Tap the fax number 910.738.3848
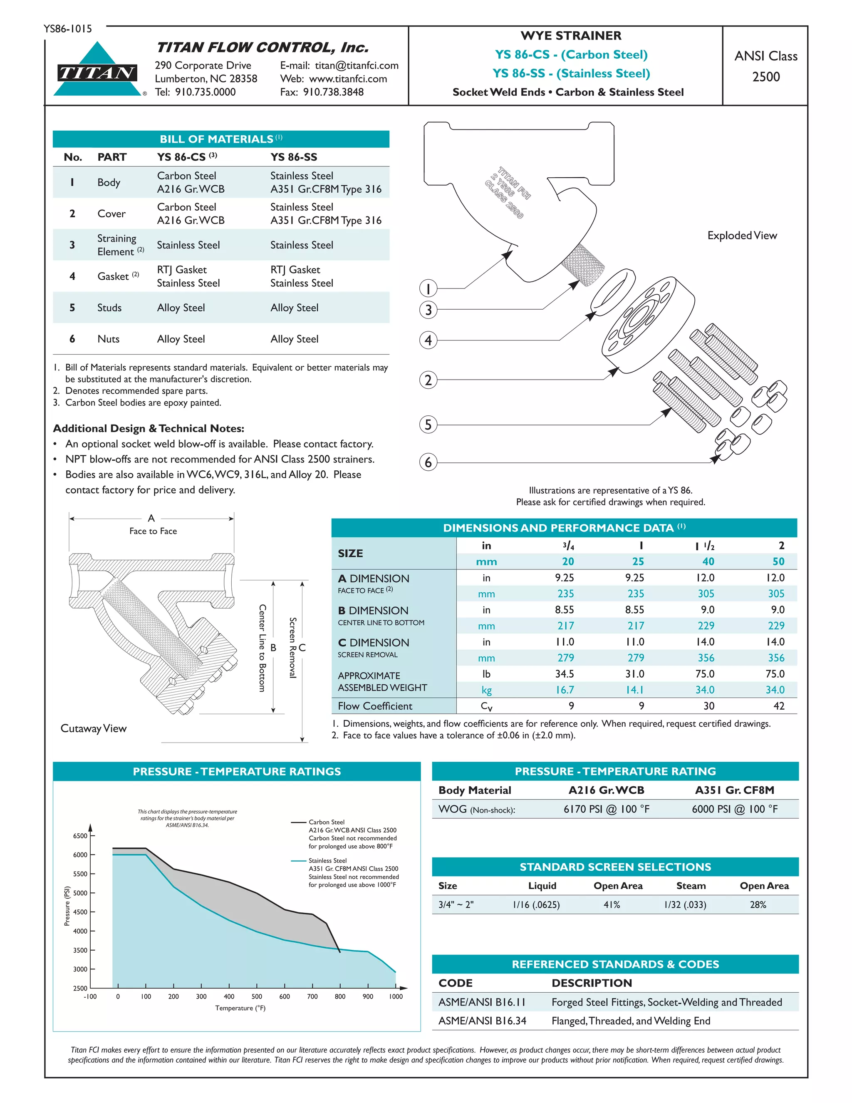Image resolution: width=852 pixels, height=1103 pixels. click(x=333, y=92)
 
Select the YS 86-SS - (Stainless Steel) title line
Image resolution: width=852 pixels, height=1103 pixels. click(x=571, y=73)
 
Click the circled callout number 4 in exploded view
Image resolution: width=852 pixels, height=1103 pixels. click(x=428, y=340)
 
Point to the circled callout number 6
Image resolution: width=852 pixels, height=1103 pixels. click(x=428, y=462)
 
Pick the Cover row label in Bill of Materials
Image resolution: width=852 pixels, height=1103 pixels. click(x=111, y=214)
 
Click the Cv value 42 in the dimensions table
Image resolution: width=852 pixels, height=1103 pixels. click(x=779, y=706)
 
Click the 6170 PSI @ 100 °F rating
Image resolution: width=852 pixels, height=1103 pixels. click(x=606, y=809)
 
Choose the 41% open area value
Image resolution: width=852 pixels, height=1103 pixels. click(x=612, y=904)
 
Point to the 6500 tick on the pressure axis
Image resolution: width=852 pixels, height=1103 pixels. click(x=80, y=836)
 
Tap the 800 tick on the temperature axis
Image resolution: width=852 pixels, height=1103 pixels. click(x=340, y=996)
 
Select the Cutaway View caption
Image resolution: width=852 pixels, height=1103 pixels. click(x=93, y=728)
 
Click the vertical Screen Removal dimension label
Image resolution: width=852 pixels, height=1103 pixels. click(x=293, y=648)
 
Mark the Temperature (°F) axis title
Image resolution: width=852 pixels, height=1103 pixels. click(x=240, y=1008)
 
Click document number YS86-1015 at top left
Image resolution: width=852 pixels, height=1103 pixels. click(x=68, y=29)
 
